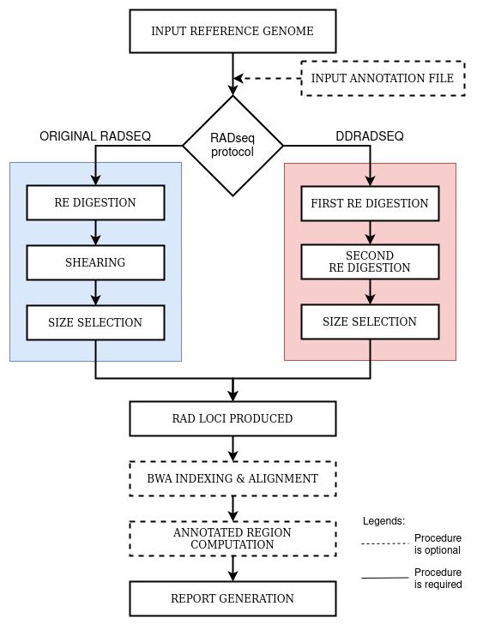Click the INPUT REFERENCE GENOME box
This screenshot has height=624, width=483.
point(233,31)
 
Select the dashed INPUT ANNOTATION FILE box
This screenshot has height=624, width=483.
point(383,78)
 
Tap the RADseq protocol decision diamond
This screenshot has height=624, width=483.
point(233,146)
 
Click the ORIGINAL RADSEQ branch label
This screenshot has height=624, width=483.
point(95,136)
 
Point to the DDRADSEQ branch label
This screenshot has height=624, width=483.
point(370,136)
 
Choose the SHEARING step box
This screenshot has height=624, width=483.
point(95,262)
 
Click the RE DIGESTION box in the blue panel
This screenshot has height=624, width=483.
point(95,202)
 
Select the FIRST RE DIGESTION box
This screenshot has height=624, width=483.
point(371,203)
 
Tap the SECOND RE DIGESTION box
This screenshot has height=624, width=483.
point(371,262)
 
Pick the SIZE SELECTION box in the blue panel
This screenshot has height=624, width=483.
point(95,323)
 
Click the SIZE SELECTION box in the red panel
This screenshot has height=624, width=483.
point(371,322)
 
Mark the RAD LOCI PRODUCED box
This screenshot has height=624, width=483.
point(233,418)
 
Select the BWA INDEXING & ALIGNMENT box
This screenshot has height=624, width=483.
point(233,479)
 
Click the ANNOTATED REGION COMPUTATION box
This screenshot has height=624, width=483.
point(233,539)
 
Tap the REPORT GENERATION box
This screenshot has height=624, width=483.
point(233,598)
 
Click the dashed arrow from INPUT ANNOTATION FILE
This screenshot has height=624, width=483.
point(267,78)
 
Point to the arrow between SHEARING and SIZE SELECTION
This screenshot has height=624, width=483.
point(95,292)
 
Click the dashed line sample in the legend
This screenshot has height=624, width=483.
point(385,543)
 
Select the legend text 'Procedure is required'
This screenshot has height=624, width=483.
point(438,579)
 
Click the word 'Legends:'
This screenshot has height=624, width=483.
point(383,521)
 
